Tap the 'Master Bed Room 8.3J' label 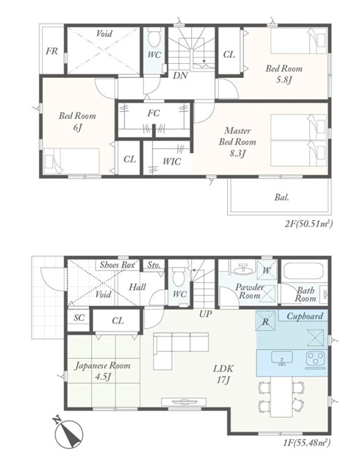237,142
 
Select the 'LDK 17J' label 223,374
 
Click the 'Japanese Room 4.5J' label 102,371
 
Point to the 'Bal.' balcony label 281,197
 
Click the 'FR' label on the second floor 51,51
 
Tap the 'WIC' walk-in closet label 172,161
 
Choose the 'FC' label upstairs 154,113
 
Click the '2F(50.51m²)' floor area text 308,223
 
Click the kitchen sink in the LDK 281,358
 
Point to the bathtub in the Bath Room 304,271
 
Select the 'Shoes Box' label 117,265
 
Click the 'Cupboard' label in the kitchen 304,316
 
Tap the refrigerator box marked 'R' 265,321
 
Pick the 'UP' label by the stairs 206,313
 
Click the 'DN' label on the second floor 180,75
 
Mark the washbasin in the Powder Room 243,269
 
